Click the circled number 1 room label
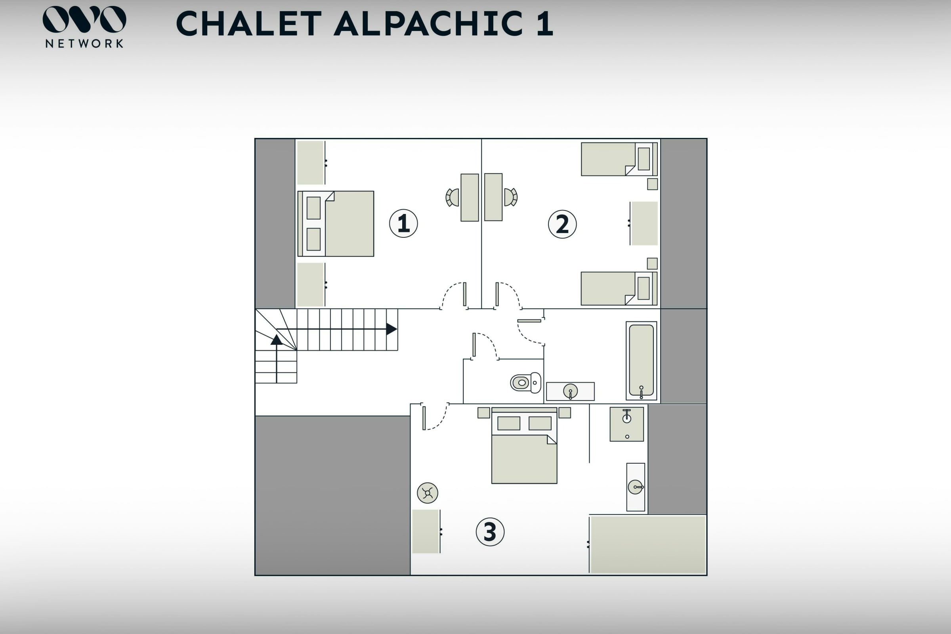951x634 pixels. click(x=403, y=223)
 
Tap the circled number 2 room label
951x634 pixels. click(x=562, y=224)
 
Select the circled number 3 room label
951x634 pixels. click(x=490, y=532)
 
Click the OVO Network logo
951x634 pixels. click(x=84, y=27)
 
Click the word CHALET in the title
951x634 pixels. click(x=249, y=23)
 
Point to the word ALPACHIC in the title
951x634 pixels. click(x=428, y=23)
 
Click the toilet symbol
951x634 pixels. click(x=525, y=382)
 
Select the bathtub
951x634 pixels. click(x=641, y=361)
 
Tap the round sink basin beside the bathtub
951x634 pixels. click(x=570, y=391)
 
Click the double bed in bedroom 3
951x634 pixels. click(x=524, y=445)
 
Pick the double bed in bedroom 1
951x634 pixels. click(x=336, y=223)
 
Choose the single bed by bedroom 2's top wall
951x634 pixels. click(x=619, y=159)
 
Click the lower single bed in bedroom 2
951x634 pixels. click(x=619, y=288)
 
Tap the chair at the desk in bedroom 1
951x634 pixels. click(x=453, y=197)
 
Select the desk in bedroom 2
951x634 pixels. click(x=493, y=197)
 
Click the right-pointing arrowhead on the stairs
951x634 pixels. click(x=391, y=329)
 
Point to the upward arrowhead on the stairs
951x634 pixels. click(x=277, y=339)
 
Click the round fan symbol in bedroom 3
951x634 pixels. click(x=428, y=493)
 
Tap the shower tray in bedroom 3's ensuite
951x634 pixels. click(x=627, y=424)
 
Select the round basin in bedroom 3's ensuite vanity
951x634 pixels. click(x=635, y=487)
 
